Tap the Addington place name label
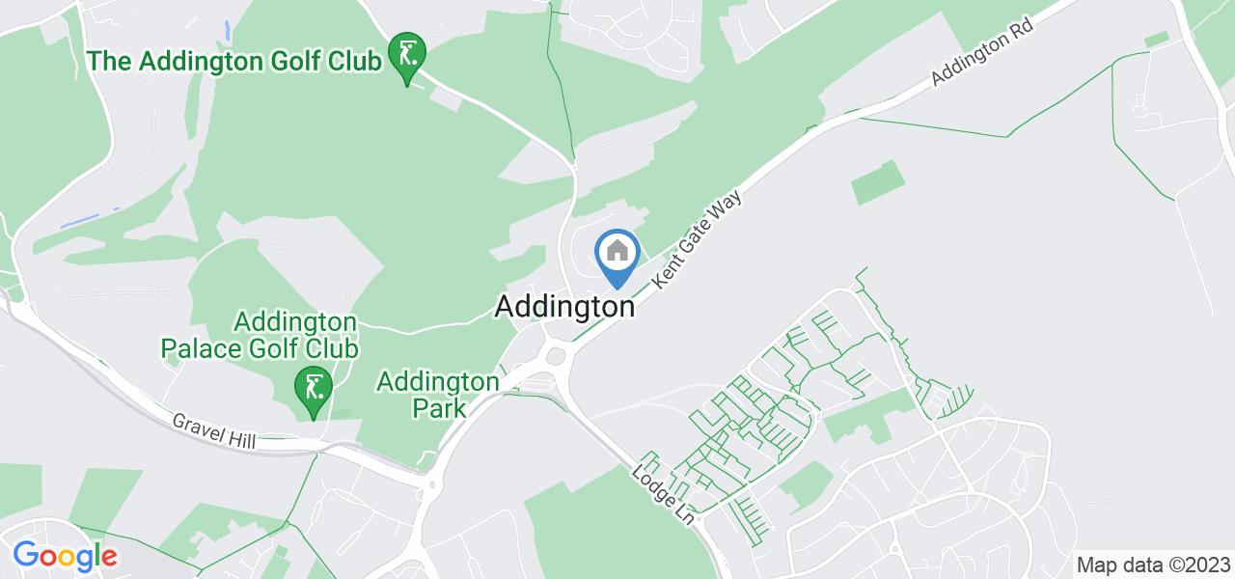[x=565, y=307]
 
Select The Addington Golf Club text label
[x=233, y=61]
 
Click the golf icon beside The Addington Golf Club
[x=407, y=54]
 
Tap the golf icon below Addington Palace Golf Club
[x=314, y=389]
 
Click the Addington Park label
[x=438, y=394]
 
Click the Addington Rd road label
[x=982, y=55]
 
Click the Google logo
[x=65, y=556]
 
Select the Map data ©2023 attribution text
[x=1153, y=565]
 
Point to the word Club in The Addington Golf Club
[x=352, y=61]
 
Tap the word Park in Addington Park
[x=439, y=407]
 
